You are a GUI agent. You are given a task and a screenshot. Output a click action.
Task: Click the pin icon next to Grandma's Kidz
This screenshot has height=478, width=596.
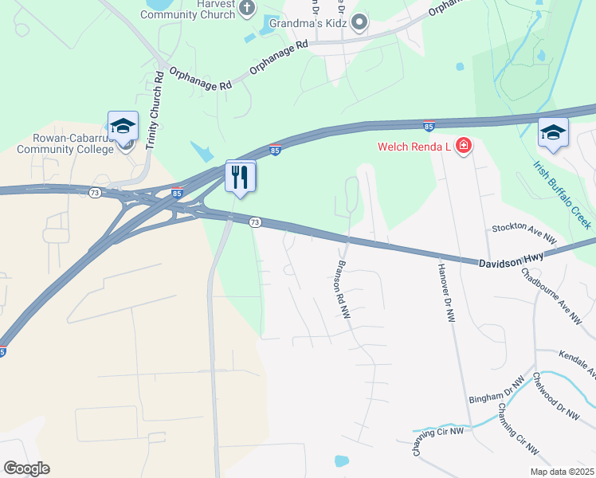coord(360,22)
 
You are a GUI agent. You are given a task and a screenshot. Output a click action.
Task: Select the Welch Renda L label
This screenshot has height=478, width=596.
coord(414,147)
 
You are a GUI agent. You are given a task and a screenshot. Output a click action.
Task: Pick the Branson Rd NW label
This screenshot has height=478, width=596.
coord(343,291)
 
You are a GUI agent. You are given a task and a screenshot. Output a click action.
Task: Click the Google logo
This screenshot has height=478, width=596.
coord(26,468)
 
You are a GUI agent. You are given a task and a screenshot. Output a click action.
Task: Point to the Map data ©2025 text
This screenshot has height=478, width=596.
coord(561,472)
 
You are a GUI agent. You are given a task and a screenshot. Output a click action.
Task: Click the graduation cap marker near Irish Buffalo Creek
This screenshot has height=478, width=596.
coord(553,132)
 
